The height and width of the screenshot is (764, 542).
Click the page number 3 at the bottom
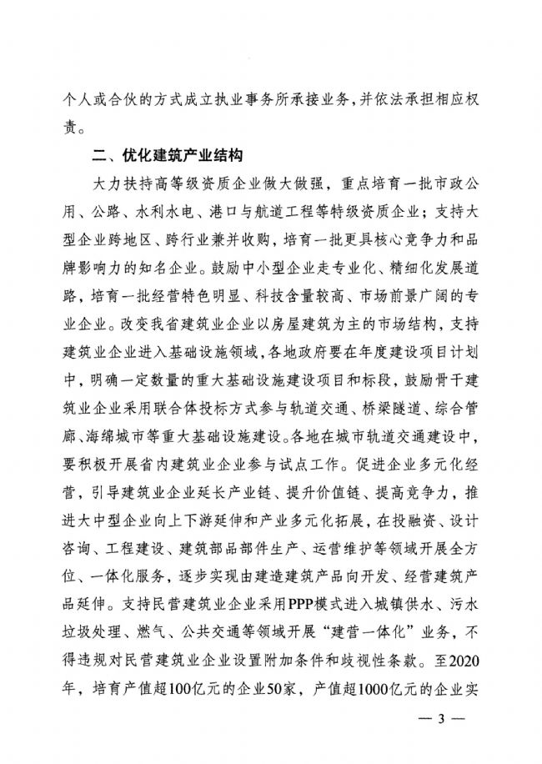click(x=440, y=720)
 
